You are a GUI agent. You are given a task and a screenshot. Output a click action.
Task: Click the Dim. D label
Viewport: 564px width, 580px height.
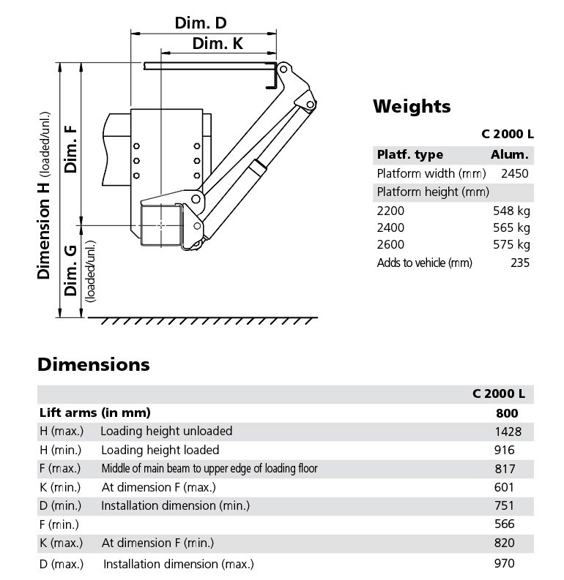(201, 23)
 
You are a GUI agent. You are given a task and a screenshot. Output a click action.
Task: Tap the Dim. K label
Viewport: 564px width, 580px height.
(218, 44)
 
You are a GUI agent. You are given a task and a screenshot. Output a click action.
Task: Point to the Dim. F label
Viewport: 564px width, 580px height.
(70, 149)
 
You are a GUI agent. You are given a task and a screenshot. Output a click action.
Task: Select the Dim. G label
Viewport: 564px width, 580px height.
(70, 271)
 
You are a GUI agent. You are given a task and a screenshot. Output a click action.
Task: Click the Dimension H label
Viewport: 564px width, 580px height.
(43, 230)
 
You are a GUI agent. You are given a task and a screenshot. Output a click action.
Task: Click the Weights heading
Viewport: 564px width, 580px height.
(412, 107)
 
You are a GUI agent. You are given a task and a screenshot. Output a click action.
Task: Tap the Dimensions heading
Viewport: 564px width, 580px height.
(94, 365)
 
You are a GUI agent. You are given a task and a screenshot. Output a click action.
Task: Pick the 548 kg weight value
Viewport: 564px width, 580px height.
(511, 211)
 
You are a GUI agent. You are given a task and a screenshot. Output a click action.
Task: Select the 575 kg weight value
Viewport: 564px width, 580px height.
(511, 244)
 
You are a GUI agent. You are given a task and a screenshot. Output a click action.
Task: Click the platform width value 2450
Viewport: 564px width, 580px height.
(515, 173)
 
